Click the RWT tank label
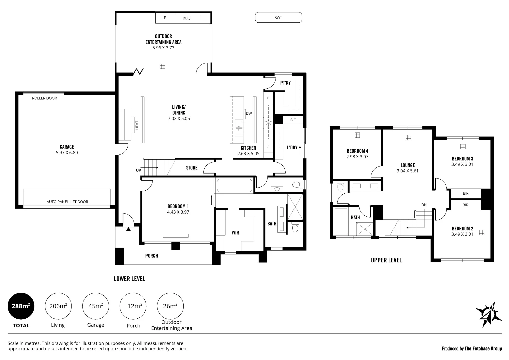(x=278, y=17)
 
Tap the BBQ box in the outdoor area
(x=185, y=18)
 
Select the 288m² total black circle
(x=21, y=306)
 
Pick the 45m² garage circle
(x=95, y=306)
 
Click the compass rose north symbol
(x=489, y=315)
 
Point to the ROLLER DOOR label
(x=45, y=98)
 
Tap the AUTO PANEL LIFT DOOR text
(x=67, y=202)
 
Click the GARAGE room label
(x=67, y=147)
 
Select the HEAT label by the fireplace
(x=137, y=125)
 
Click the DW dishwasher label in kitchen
(x=249, y=113)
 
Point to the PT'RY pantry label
(x=285, y=83)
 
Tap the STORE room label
(x=192, y=168)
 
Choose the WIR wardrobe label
(x=235, y=233)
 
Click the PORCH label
(x=152, y=256)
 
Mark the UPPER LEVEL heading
(x=386, y=260)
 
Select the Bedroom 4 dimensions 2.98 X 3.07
(x=357, y=157)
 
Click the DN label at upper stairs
(x=424, y=205)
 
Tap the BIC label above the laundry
(x=293, y=120)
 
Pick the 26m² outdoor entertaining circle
(x=170, y=306)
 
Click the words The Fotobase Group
(x=483, y=349)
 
